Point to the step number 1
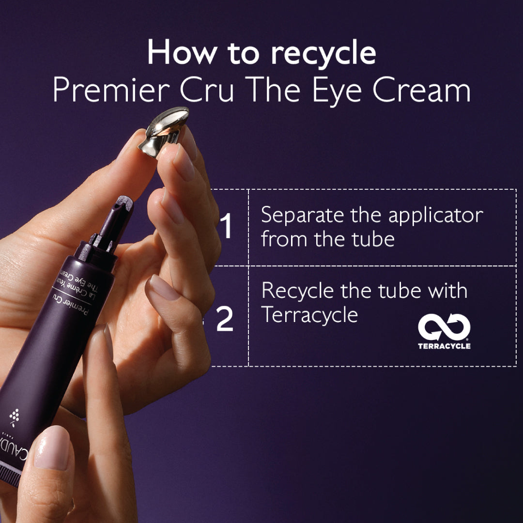(227, 227)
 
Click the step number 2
(225, 320)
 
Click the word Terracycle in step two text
(310, 315)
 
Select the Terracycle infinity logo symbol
(444, 328)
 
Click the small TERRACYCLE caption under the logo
(444, 346)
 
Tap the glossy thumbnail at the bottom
(52, 447)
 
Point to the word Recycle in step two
(298, 292)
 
